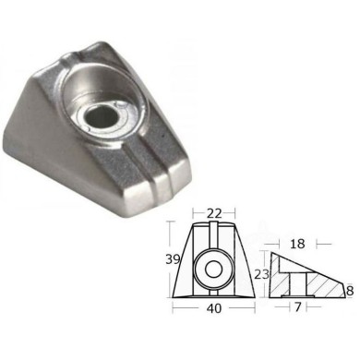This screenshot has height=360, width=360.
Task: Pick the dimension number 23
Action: [261, 273]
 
